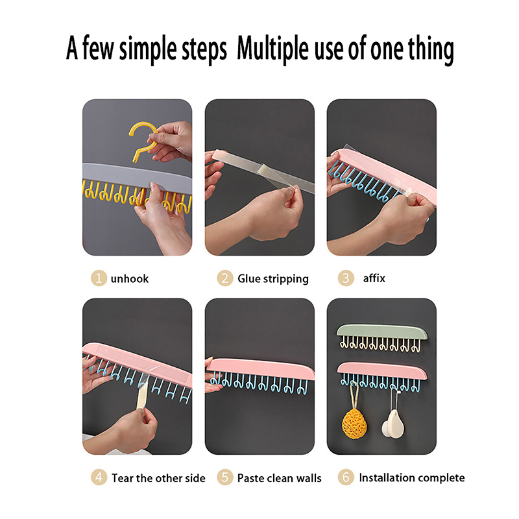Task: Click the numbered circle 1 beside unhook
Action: [99, 278]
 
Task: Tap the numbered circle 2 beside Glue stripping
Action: [225, 278]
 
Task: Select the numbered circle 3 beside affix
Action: [346, 278]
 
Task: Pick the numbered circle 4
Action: [99, 477]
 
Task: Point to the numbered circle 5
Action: [225, 477]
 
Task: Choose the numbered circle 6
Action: [346, 477]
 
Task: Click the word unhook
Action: [129, 279]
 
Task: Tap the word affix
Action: [374, 278]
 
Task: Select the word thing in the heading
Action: [431, 50]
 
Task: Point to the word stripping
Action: [286, 279]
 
